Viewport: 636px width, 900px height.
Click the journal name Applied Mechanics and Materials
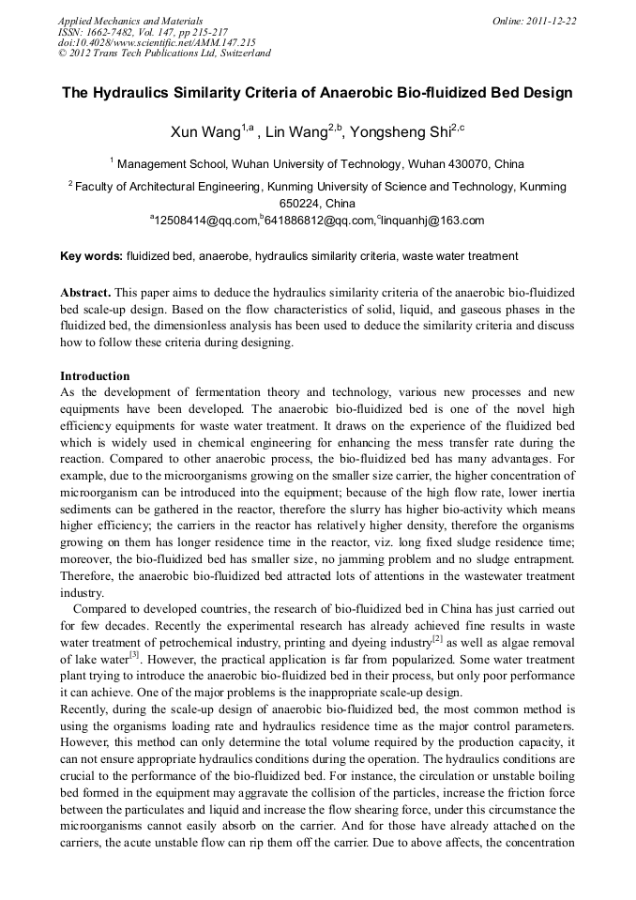(117, 21)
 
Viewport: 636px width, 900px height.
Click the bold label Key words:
(91, 256)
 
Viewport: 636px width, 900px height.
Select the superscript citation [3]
(134, 654)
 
